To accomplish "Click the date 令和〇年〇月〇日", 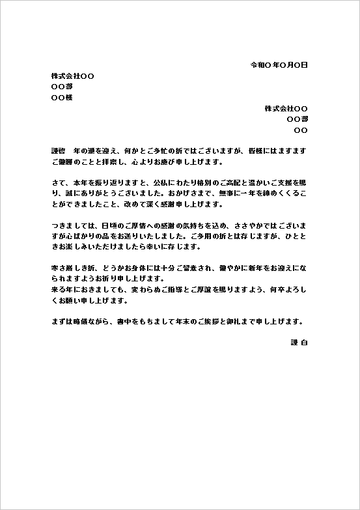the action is (x=279, y=65).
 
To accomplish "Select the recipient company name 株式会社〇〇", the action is (x=72, y=76).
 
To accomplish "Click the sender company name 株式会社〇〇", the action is (x=286, y=108).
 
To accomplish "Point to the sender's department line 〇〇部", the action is (x=297, y=119).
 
